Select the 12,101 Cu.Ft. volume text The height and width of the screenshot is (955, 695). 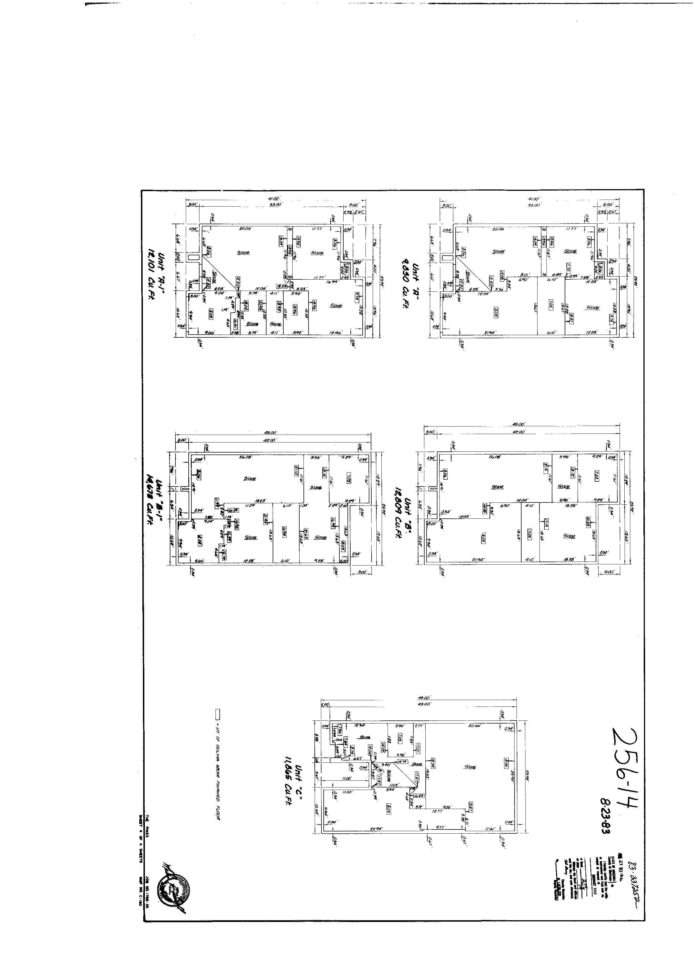coord(150,266)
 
